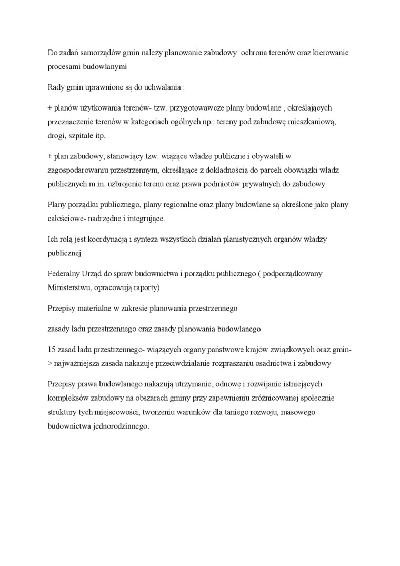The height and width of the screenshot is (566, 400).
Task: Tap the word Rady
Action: (x=56, y=86)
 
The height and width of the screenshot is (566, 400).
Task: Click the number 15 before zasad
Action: (x=52, y=350)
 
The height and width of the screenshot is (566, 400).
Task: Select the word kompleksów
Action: (x=67, y=398)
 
